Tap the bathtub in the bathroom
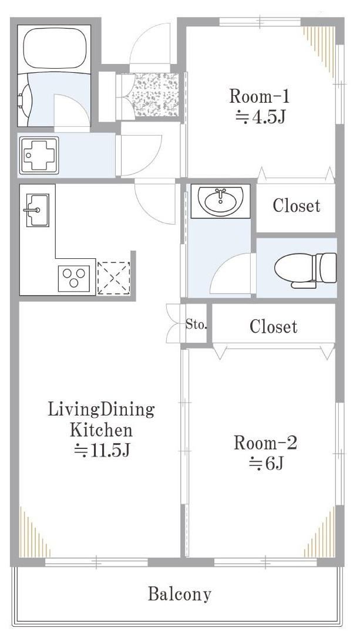click(x=55, y=49)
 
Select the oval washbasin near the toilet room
click(x=220, y=201)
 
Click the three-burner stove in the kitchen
click(x=74, y=278)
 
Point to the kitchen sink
click(x=38, y=210)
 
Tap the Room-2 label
click(x=265, y=443)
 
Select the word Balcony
click(x=180, y=595)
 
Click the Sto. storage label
click(x=197, y=324)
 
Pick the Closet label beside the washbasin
click(x=297, y=205)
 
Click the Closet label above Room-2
click(x=273, y=326)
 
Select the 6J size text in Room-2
click(x=265, y=463)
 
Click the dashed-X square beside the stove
click(x=114, y=278)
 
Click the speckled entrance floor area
click(x=154, y=94)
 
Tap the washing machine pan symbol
click(x=39, y=155)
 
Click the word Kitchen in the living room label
click(x=101, y=430)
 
